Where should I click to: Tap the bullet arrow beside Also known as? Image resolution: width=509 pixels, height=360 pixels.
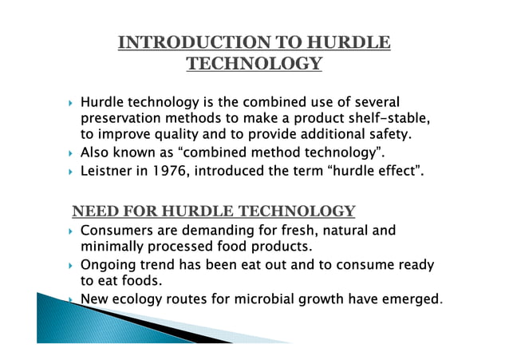coord(72,152)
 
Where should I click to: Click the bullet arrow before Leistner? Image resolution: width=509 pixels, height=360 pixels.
coord(72,170)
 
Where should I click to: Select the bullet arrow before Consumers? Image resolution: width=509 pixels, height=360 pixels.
coord(72,231)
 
